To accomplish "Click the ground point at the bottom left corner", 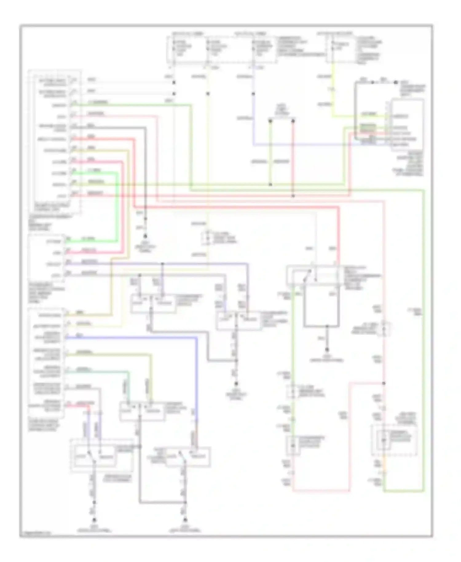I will pos(94,520).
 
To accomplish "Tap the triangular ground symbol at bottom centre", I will pos(185,520).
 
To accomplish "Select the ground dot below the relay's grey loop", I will pos(327,350).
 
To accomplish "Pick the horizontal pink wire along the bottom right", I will pos(321,491).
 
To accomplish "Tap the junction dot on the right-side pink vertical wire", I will pos(384,383).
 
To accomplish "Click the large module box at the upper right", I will pos(408,125).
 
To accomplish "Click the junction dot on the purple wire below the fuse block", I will pos(253,94).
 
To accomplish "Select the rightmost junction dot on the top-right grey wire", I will pos(396,82).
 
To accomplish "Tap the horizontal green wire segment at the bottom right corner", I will pos(404,491).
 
